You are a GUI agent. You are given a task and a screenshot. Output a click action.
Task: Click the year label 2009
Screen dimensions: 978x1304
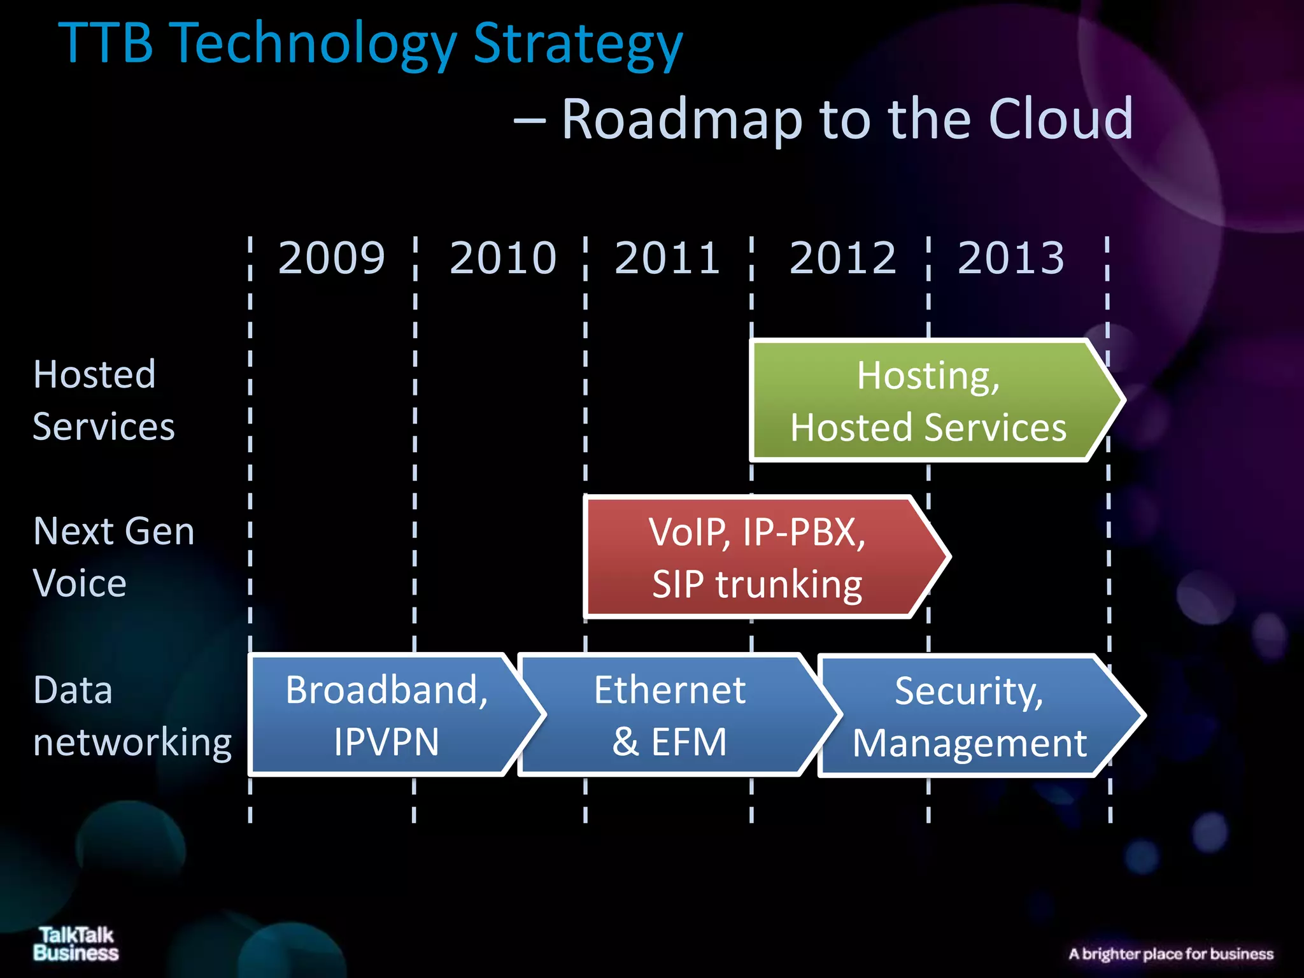click(332, 258)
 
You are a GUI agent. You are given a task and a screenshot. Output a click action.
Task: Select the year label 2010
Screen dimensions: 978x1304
click(503, 258)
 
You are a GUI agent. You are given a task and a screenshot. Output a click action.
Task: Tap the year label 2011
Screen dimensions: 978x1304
click(667, 258)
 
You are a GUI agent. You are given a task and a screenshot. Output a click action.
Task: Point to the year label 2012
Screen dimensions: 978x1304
click(842, 258)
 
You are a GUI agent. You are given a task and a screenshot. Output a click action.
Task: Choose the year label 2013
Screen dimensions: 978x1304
click(1010, 258)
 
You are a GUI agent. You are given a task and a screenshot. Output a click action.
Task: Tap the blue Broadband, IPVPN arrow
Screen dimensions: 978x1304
click(386, 715)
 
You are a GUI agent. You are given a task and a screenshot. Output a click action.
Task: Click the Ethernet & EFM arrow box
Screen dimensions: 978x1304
click(670, 715)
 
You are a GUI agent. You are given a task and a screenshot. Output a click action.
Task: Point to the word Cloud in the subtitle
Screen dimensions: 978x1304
click(1061, 119)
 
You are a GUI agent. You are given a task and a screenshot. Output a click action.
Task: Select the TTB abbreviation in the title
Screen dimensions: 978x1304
click(106, 43)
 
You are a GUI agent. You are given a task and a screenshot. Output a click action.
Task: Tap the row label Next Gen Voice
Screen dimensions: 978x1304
click(113, 557)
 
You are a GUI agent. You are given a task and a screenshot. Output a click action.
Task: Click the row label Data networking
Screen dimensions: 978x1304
click(132, 716)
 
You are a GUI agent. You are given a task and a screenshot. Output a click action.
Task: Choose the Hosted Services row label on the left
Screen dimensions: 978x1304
click(103, 400)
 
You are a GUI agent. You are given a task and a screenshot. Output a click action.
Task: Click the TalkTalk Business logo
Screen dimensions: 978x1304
click(76, 944)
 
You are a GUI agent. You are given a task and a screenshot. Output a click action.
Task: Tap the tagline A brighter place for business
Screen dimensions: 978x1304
click(1171, 954)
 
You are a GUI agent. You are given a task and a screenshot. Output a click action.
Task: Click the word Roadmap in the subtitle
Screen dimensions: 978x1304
click(681, 119)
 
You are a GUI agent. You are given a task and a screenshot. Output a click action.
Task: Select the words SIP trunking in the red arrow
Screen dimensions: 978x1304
click(757, 584)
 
